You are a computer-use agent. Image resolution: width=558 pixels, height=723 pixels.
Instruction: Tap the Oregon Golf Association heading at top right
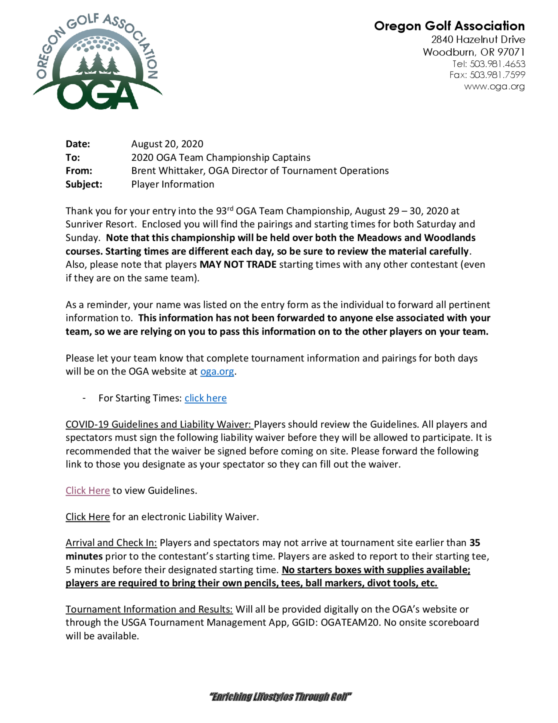(x=449, y=26)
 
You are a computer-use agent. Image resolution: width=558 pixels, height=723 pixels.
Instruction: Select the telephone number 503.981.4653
(x=497, y=64)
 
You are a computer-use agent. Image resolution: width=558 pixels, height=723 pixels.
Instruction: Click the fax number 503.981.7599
(x=497, y=75)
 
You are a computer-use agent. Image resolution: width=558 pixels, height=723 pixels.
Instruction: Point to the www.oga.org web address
(x=494, y=86)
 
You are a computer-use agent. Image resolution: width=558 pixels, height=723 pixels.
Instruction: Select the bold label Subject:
(x=84, y=184)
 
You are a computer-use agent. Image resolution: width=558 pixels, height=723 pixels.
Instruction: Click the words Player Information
(x=172, y=184)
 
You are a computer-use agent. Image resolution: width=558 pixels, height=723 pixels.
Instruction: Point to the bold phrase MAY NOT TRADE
(x=238, y=265)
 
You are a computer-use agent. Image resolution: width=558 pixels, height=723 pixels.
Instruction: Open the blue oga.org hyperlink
(x=217, y=372)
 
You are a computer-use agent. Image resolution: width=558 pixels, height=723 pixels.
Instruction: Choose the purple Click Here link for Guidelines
(x=88, y=490)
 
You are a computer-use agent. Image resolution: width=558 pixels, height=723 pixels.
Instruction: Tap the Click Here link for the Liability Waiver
(x=88, y=517)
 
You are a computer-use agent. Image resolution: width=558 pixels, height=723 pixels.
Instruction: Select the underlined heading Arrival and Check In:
(x=111, y=543)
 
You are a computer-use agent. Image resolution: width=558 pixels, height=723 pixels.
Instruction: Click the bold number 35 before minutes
(x=475, y=543)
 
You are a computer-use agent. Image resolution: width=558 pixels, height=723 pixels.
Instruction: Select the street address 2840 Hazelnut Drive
(x=478, y=39)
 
